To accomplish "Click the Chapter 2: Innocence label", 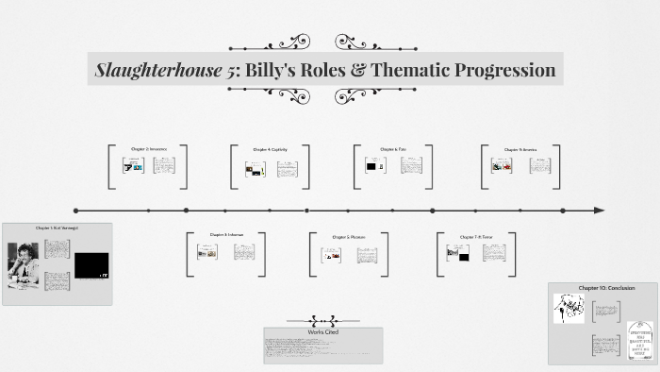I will coord(148,149).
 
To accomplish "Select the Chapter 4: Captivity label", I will coord(270,149).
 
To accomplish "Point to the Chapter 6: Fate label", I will coord(393,149).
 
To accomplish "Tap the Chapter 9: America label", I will coord(520,149).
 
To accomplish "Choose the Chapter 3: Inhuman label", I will coord(226,235).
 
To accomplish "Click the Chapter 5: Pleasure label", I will coord(348,237).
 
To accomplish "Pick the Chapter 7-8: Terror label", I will coord(476,237).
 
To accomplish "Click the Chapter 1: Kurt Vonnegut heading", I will coord(57,228).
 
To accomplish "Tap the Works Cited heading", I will coord(323,332).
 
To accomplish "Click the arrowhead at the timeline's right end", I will coord(600,211).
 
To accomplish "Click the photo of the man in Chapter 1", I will coord(23,263).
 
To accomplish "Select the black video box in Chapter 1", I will coord(91,265).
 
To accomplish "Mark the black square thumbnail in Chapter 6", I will coord(371,166).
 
